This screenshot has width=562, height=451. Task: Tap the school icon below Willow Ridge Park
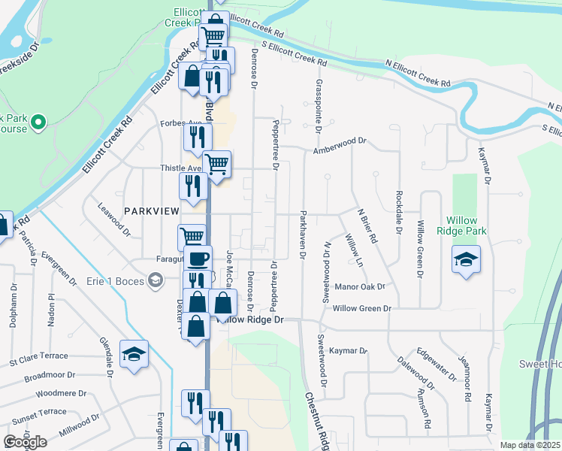(x=466, y=260)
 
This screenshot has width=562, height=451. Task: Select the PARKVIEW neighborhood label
(x=153, y=213)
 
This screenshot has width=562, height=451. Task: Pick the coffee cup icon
(x=198, y=259)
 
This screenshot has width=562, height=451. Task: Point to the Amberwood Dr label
(x=340, y=141)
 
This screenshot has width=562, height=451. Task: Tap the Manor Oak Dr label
(x=359, y=286)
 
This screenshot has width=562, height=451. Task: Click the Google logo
(x=26, y=442)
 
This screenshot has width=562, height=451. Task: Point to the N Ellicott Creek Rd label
(x=417, y=74)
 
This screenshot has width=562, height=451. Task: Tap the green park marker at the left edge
(x=38, y=120)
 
